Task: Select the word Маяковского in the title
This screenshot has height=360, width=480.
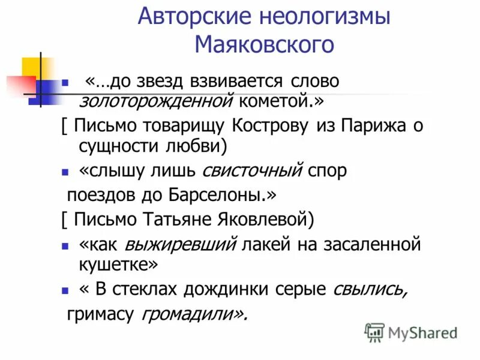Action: click(264, 44)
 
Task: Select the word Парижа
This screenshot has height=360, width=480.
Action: click(370, 128)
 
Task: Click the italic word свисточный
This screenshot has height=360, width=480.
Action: click(251, 171)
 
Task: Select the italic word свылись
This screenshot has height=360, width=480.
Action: click(371, 290)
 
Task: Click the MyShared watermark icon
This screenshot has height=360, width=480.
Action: click(374, 332)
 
